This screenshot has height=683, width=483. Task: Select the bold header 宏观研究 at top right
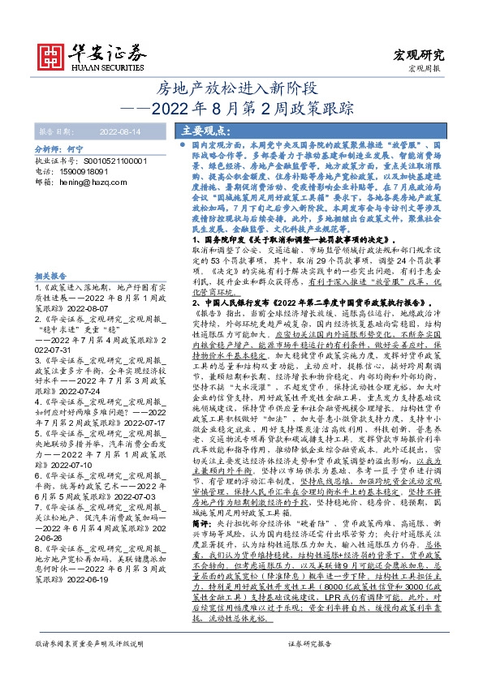click(x=420, y=55)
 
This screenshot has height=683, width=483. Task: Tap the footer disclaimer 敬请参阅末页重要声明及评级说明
click(x=88, y=666)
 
